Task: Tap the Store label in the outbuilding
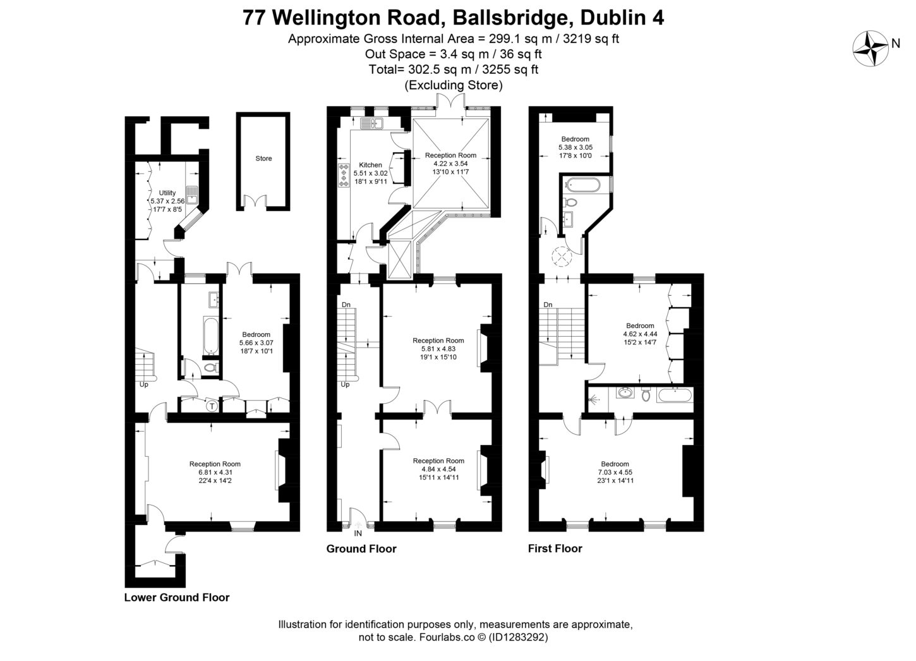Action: point(263,159)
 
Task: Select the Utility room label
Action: point(167,193)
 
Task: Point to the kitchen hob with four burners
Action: point(344,175)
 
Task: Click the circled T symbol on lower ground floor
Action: point(212,406)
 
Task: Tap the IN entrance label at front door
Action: point(358,533)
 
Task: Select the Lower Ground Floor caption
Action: point(177,597)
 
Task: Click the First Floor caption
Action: point(555,549)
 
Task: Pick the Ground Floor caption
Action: point(361,549)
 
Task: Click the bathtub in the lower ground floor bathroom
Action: point(208,334)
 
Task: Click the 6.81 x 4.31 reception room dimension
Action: point(215,472)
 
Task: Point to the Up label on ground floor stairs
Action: point(345,384)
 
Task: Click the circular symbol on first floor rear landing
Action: point(561,257)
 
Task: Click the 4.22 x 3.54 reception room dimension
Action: point(450,164)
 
